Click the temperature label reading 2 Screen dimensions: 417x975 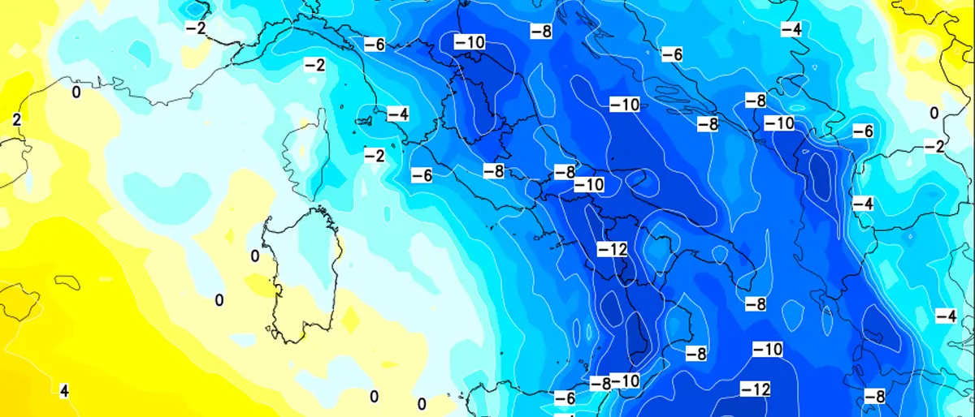pyautogui.click(x=15, y=120)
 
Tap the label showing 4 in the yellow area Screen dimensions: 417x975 pyautogui.click(x=64, y=392)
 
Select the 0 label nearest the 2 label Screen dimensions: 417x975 pyautogui.click(x=76, y=92)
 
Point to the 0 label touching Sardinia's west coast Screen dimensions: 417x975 pyautogui.click(x=255, y=256)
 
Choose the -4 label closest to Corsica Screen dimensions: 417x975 pyautogui.click(x=397, y=114)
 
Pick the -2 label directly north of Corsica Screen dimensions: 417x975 pyautogui.click(x=314, y=65)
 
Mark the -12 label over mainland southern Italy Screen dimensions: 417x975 pyautogui.click(x=613, y=249)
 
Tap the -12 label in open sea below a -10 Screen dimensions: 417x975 pyautogui.click(x=755, y=389)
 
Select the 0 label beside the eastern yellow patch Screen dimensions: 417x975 pyautogui.click(x=934, y=113)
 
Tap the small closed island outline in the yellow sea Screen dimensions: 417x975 pyautogui.click(x=67, y=282)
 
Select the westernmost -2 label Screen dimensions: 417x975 pyautogui.click(x=196, y=28)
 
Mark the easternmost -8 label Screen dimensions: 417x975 pyautogui.click(x=874, y=396)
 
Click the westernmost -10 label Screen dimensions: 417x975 pyautogui.click(x=470, y=41)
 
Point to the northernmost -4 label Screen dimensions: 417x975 pyautogui.click(x=791, y=29)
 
